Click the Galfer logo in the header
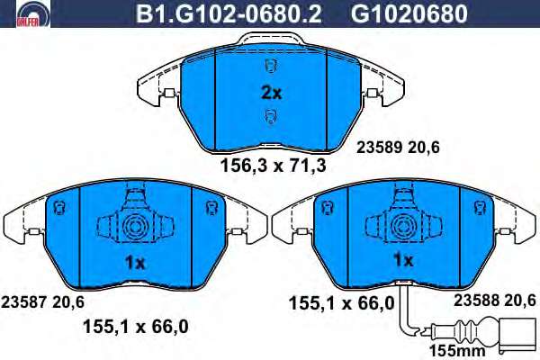coord(33,13)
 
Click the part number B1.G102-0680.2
coord(229,13)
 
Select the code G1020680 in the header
coord(409,13)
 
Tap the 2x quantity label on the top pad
coord(272,93)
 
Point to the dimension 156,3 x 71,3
coord(273,166)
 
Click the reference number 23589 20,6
coord(398,148)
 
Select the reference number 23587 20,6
coord(42,302)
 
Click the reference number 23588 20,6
coord(494,300)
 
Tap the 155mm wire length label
coord(457,351)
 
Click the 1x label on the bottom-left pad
coord(135,264)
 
